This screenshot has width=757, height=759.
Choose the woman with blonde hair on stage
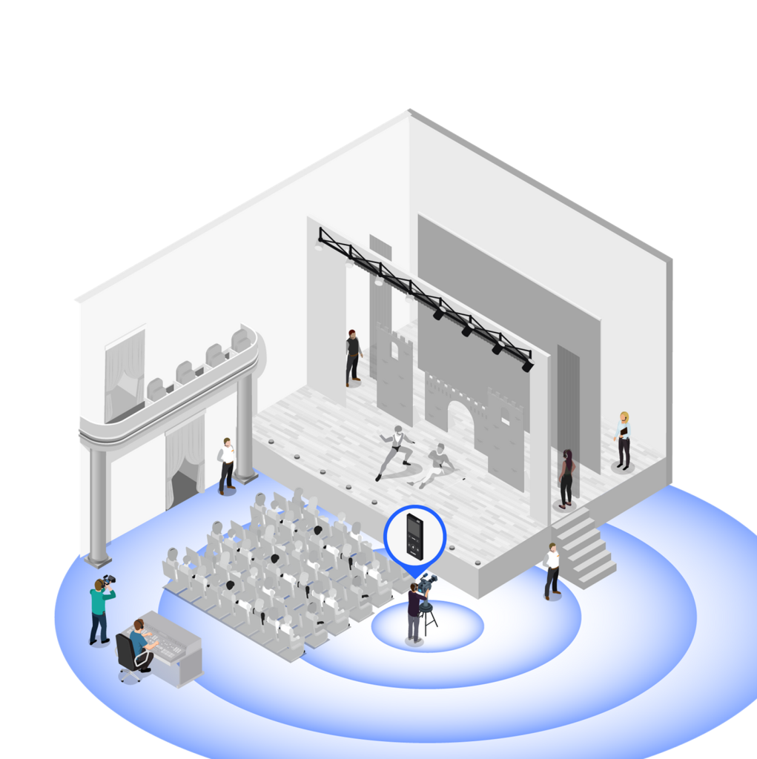click(x=624, y=440)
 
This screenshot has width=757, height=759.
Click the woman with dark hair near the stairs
click(x=566, y=478)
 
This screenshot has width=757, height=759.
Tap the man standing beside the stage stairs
click(x=552, y=570)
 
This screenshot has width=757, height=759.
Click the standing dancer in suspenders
click(x=396, y=449)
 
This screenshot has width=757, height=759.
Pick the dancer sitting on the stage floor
click(x=437, y=465)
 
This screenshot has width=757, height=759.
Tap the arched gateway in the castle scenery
click(x=460, y=419)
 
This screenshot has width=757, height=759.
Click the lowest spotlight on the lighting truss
click(x=527, y=365)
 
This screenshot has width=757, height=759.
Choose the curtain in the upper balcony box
click(x=124, y=374)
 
